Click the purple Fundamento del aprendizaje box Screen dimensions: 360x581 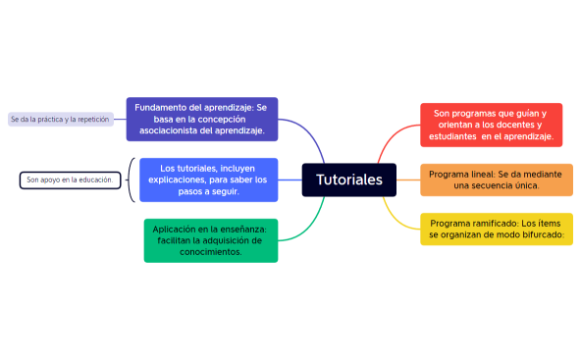pos(201,119)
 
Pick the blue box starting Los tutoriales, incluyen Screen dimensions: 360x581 pos(208,180)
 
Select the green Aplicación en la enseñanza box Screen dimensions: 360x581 pos(210,240)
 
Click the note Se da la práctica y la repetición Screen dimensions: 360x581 pos(59,120)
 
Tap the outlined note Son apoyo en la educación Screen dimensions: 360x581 pos(70,180)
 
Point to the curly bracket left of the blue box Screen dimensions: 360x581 pos(131,180)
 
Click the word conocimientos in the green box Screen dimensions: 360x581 pos(210,252)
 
